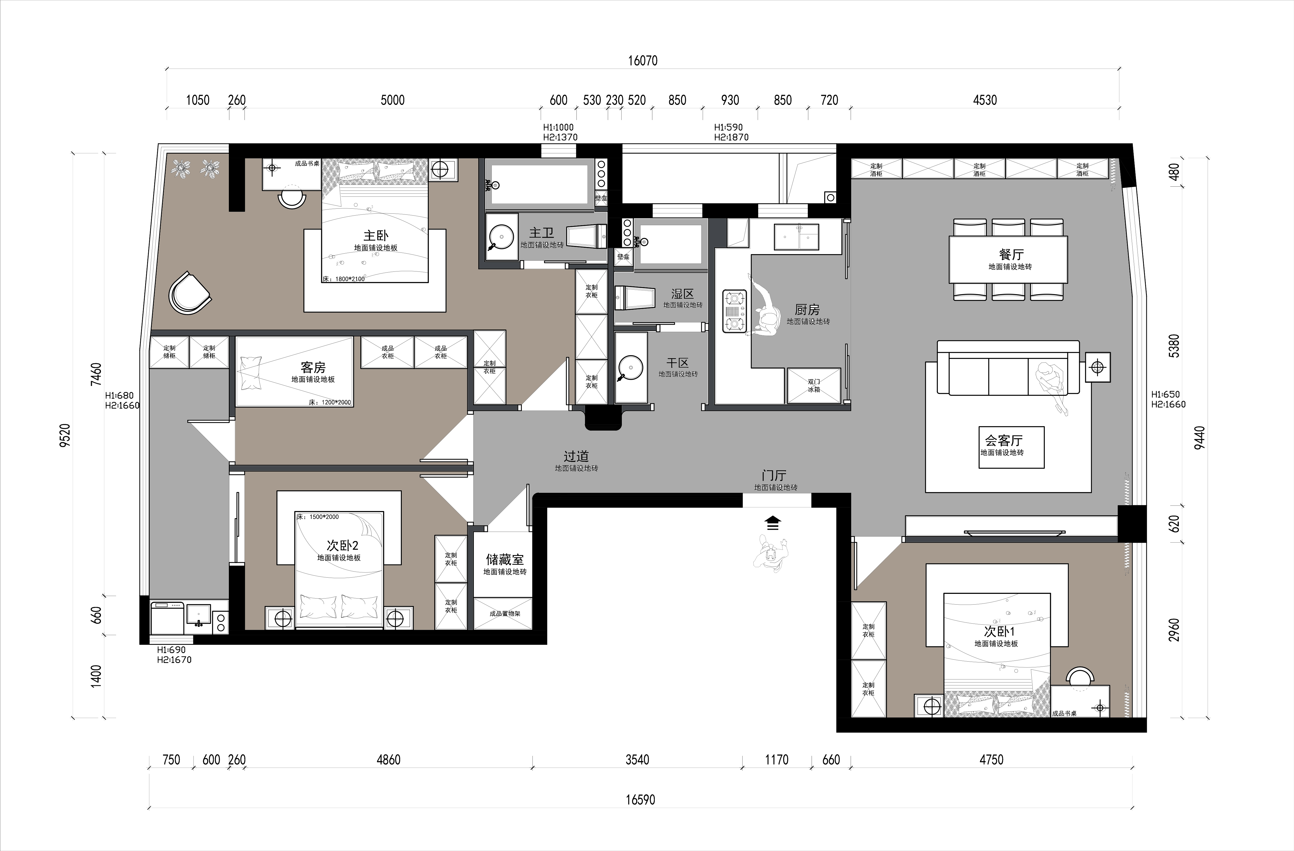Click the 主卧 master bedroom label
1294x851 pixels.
pyautogui.click(x=376, y=236)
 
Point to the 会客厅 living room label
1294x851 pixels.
pyautogui.click(x=1004, y=440)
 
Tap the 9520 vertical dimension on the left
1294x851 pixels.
pyautogui.click(x=65, y=435)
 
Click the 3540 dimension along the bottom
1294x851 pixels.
pyautogui.click(x=637, y=760)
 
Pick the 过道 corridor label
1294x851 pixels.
pyautogui.click(x=576, y=456)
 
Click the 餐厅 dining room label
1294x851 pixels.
pyautogui.click(x=1011, y=254)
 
